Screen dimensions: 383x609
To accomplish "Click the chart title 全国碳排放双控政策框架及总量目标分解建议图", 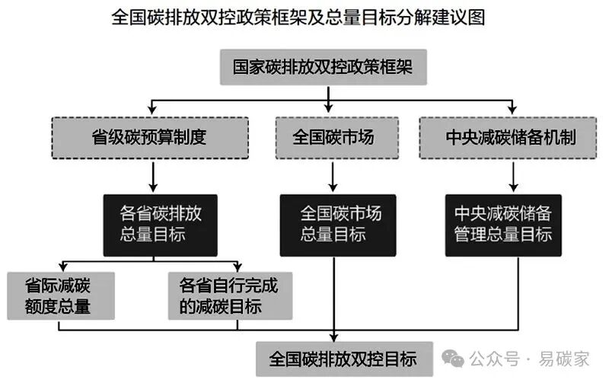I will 304,18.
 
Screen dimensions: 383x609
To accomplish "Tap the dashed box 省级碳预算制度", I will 149,138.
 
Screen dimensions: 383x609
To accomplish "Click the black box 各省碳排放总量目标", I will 160,224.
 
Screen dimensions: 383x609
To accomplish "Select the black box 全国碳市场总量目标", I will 333,224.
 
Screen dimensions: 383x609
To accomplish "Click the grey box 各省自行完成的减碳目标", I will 229,296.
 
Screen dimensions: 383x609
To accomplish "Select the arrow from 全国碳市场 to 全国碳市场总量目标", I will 333,176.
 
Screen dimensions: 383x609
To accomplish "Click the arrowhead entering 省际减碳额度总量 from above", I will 59,267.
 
